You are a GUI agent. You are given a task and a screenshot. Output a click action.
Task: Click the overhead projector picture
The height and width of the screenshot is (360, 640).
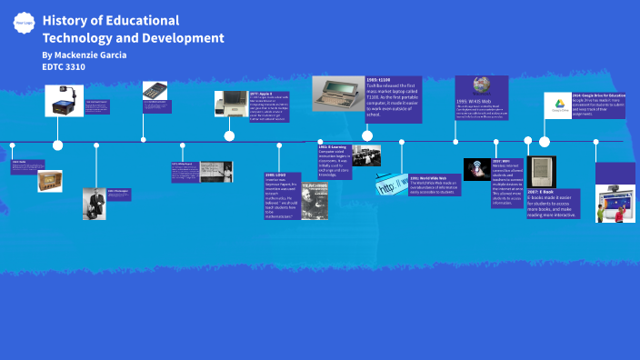(64, 101)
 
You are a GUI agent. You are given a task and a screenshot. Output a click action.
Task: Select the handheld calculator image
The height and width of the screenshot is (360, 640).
(155, 91)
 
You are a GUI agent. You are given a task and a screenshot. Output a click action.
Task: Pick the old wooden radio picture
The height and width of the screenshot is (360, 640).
(49, 181)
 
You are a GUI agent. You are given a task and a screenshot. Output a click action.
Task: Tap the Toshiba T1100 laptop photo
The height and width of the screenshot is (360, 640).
(338, 93)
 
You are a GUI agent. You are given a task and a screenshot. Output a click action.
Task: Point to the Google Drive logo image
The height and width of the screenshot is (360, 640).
(556, 105)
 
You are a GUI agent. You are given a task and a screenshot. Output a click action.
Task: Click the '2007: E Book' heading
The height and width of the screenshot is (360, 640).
(540, 192)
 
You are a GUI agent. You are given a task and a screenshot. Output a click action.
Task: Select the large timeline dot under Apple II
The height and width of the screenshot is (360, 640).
(229, 136)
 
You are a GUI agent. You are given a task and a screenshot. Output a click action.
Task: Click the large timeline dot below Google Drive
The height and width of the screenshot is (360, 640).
(545, 141)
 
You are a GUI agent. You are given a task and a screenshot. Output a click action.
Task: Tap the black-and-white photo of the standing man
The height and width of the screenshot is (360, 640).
(94, 203)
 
